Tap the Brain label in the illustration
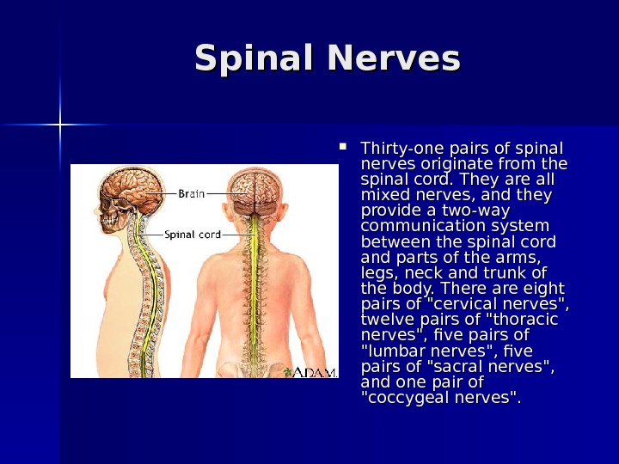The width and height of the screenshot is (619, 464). [x=191, y=193]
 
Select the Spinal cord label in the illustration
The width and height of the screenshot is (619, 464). [x=192, y=234]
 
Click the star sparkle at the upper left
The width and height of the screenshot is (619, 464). [x=61, y=125]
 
